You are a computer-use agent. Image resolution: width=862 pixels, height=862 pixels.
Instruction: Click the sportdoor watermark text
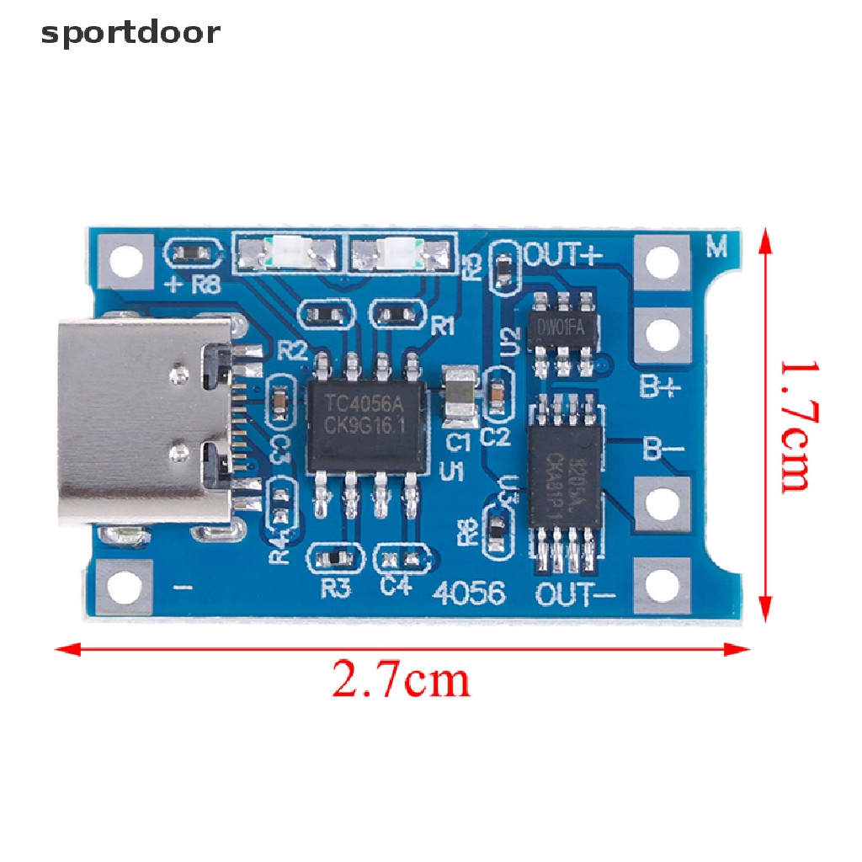pyautogui.click(x=130, y=34)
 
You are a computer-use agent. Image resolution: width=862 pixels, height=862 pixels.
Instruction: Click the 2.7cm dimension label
pyautogui.click(x=401, y=681)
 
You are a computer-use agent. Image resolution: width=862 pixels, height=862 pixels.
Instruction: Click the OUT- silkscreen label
pyautogui.click(x=577, y=595)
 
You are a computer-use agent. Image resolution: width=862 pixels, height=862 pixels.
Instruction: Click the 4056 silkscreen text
pyautogui.click(x=471, y=593)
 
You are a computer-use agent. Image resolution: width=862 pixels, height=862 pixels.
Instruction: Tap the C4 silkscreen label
pyautogui.click(x=396, y=587)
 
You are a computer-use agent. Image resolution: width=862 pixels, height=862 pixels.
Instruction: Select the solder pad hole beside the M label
pyautogui.click(x=662, y=258)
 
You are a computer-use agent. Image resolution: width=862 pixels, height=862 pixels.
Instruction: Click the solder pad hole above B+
pyautogui.click(x=662, y=334)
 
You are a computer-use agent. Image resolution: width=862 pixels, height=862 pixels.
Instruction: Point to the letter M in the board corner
pyautogui.click(x=716, y=247)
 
